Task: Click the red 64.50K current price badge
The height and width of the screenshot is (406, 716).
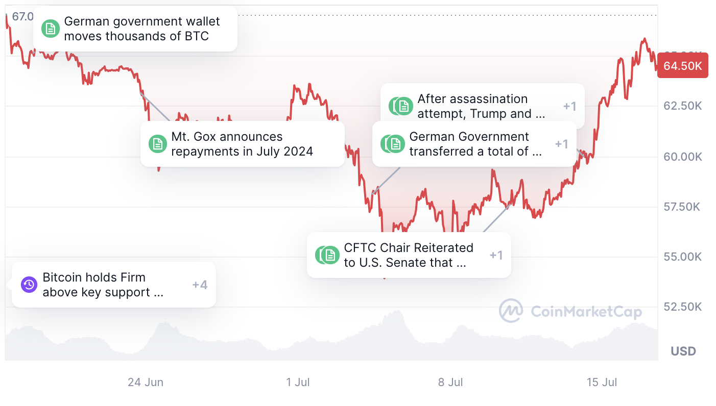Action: pyautogui.click(x=682, y=66)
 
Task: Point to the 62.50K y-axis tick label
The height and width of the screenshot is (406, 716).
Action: pyautogui.click(x=682, y=106)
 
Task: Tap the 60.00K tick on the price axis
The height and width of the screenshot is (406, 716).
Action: pyautogui.click(x=682, y=157)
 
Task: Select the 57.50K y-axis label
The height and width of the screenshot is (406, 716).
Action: pyautogui.click(x=682, y=207)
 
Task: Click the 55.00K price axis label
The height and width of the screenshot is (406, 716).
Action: pyautogui.click(x=682, y=257)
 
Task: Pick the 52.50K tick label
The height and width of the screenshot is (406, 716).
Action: pyautogui.click(x=682, y=307)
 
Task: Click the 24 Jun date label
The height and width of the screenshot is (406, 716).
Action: pyautogui.click(x=146, y=382)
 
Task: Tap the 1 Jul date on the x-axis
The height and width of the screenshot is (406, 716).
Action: pyautogui.click(x=298, y=382)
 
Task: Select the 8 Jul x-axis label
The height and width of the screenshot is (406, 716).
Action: pyautogui.click(x=450, y=382)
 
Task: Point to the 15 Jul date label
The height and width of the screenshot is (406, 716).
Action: pyautogui.click(x=602, y=382)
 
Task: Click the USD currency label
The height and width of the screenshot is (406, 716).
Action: pyautogui.click(x=683, y=351)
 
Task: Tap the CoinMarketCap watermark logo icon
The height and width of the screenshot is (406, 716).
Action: pyautogui.click(x=511, y=311)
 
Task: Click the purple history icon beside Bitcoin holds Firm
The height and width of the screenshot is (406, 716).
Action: pyautogui.click(x=29, y=285)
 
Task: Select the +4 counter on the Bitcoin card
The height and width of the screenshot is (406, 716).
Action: pyautogui.click(x=200, y=285)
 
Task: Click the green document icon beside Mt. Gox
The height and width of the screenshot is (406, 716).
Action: pyautogui.click(x=158, y=144)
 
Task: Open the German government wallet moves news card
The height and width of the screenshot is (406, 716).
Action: pyautogui.click(x=135, y=29)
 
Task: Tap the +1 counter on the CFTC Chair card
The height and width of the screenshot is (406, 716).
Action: pyautogui.click(x=496, y=255)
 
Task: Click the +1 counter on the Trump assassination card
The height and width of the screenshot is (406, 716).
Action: pyautogui.click(x=570, y=106)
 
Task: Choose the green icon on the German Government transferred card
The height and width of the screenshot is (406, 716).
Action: pyautogui.click(x=393, y=144)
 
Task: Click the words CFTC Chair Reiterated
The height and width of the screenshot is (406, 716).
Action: pyautogui.click(x=409, y=248)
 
